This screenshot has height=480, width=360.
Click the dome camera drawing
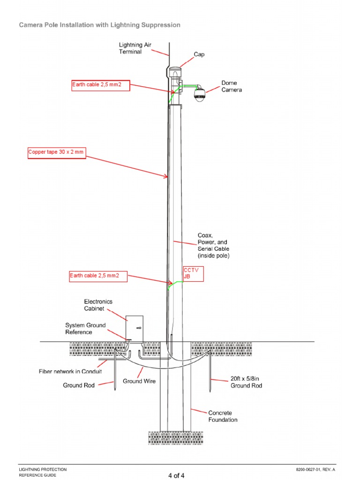(200, 94)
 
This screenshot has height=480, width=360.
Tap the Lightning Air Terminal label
(135, 48)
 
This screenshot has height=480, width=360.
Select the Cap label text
(199, 54)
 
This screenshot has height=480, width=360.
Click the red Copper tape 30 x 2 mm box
(57, 153)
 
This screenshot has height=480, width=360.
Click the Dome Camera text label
(232, 86)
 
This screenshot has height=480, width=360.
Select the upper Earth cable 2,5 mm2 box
(100, 85)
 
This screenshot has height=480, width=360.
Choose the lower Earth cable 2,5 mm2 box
(98, 276)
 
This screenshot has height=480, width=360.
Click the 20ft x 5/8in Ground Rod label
(246, 382)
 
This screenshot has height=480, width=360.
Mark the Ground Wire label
(139, 381)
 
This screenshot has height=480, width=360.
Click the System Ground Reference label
(85, 329)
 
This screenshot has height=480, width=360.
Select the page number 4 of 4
(176, 476)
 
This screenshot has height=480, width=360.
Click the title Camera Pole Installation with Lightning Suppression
(99, 25)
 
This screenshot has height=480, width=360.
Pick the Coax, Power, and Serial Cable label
(213, 246)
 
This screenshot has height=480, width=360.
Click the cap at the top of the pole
(175, 71)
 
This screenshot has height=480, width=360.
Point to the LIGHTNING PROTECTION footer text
(42, 469)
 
